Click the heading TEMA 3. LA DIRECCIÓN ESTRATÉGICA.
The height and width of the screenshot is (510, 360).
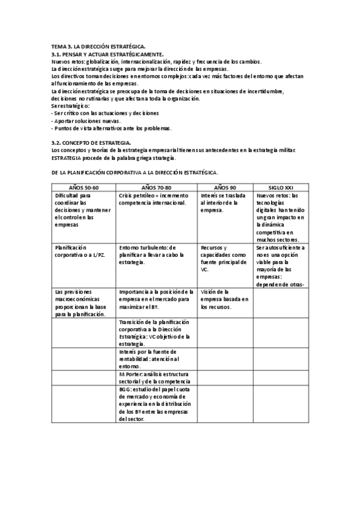click(99, 46)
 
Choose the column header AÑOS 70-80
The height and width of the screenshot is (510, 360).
click(156, 187)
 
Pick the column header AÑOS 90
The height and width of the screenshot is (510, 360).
click(225, 187)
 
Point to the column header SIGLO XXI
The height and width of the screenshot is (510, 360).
click(279, 187)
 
